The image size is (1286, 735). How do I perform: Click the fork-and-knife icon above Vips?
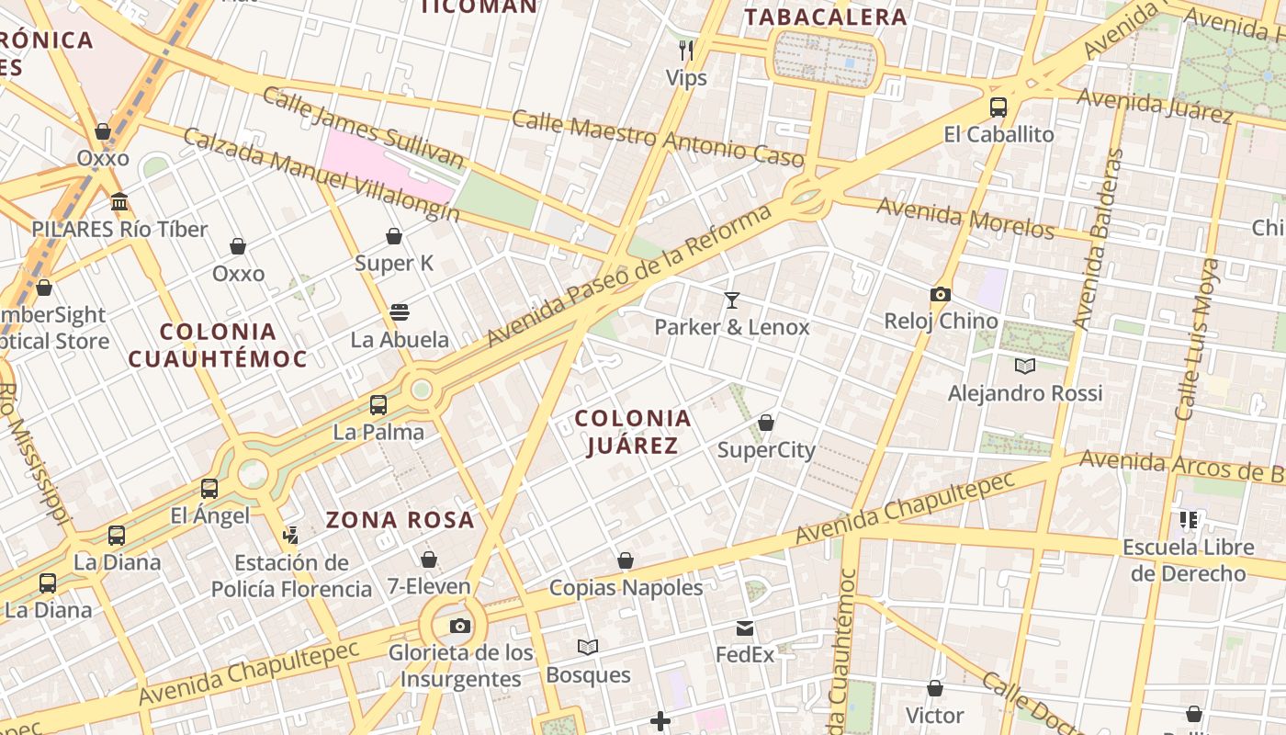click(x=686, y=50)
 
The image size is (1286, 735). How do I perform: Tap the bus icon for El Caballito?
click(x=998, y=107)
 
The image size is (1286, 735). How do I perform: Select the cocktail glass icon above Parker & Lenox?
click(x=732, y=300)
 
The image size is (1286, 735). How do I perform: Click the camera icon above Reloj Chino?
click(x=940, y=295)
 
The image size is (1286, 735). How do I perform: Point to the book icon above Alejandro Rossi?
click(x=1025, y=366)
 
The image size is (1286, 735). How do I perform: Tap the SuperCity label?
click(x=766, y=450)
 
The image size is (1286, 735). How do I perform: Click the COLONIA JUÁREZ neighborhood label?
click(x=633, y=432)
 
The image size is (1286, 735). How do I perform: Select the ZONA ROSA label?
click(x=400, y=520)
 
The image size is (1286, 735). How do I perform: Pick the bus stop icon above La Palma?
click(x=378, y=405)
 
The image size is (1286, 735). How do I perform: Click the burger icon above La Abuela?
click(x=400, y=312)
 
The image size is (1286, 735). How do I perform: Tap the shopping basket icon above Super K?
click(x=394, y=237)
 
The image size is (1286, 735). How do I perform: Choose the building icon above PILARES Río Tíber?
click(x=119, y=202)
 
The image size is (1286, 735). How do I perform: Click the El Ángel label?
click(x=209, y=515)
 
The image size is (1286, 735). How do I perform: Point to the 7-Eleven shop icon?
click(x=429, y=560)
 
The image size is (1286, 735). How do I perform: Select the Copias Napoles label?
click(x=626, y=588)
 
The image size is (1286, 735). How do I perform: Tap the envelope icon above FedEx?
click(x=745, y=628)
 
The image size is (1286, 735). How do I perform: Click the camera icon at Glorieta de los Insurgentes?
click(x=460, y=627)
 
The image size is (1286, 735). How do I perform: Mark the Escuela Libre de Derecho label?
click(x=1188, y=560)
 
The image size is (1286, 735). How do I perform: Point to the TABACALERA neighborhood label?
click(x=825, y=17)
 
